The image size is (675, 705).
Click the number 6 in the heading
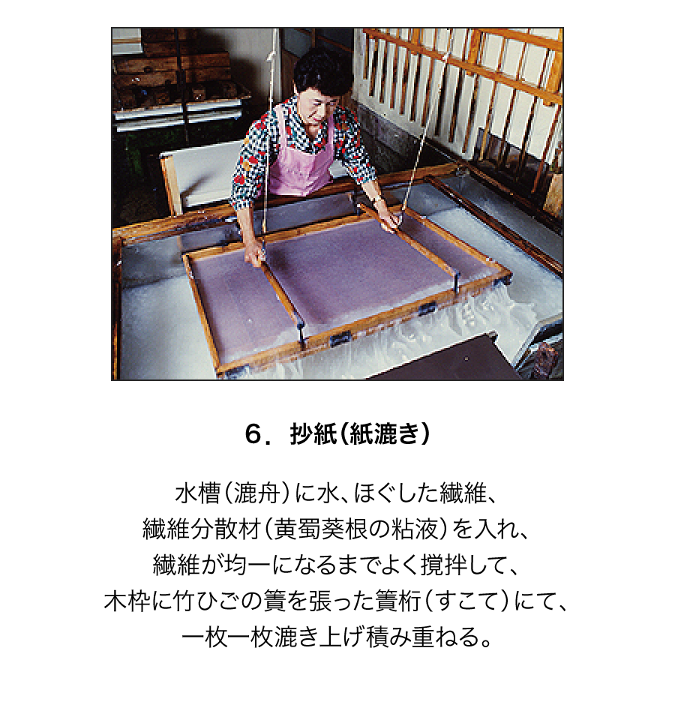pos(254,434)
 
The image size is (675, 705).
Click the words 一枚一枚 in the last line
pos(227,637)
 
